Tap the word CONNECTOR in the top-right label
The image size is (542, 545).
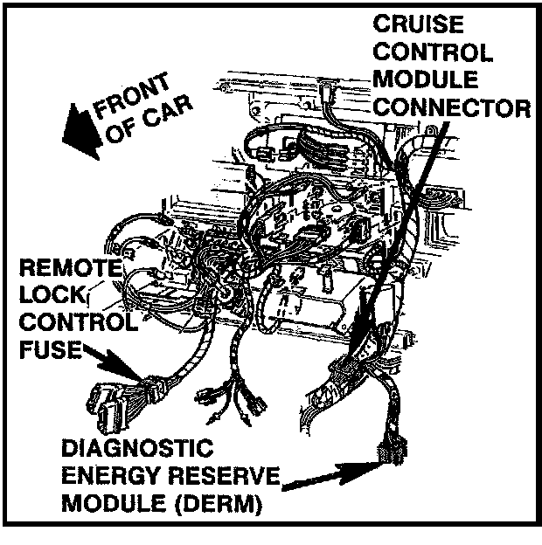pyautogui.click(x=451, y=108)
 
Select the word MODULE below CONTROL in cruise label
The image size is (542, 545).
pyautogui.click(x=425, y=80)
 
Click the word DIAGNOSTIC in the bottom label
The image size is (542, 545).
pyautogui.click(x=137, y=451)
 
